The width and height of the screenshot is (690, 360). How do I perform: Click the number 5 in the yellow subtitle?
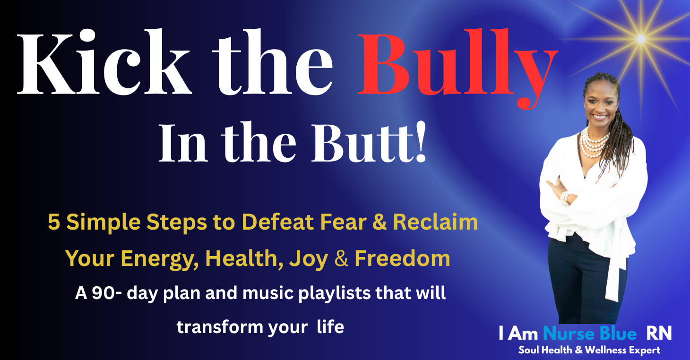pyautogui.click(x=53, y=222)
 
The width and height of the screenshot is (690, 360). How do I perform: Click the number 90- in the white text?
pyautogui.click(x=107, y=293)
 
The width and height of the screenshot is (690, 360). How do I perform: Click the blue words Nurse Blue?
pyautogui.click(x=590, y=334)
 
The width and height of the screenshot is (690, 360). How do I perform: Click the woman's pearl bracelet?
pyautogui.click(x=564, y=199)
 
